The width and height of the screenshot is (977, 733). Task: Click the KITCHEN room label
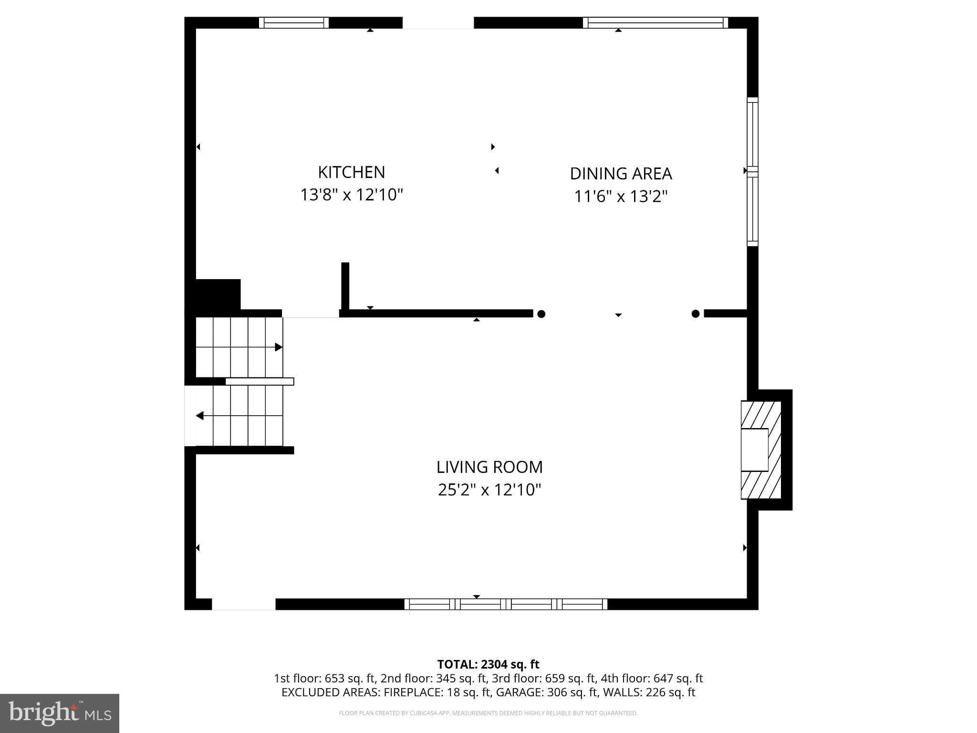pos(351,172)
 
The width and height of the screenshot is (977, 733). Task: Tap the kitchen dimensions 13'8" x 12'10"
pos(351,195)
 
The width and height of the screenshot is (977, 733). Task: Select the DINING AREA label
pos(621,174)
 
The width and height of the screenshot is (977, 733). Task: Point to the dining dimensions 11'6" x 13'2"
pos(620,197)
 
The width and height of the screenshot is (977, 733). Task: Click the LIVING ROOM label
pos(489,467)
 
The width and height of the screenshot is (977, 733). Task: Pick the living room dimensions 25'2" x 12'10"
pos(489,490)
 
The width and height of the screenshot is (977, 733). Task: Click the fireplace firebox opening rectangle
pos(754,450)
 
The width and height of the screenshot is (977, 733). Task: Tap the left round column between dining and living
pos(541,314)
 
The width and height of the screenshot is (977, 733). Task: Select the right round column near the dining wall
pos(696,314)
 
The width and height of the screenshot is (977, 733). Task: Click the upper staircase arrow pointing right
pos(279,347)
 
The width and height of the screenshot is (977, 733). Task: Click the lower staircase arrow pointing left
pos(200,416)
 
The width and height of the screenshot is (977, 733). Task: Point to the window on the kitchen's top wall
pos(294,23)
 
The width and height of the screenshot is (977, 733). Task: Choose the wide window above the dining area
pos(655,23)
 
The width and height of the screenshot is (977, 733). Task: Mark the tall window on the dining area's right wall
pos(752,172)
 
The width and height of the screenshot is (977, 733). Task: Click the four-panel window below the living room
pos(506,604)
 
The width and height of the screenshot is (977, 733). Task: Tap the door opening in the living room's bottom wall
pos(244,604)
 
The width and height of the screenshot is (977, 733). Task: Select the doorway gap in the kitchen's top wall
pos(438,23)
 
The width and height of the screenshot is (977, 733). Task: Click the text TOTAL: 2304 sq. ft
pos(488,664)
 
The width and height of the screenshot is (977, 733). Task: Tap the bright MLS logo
pos(60,713)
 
